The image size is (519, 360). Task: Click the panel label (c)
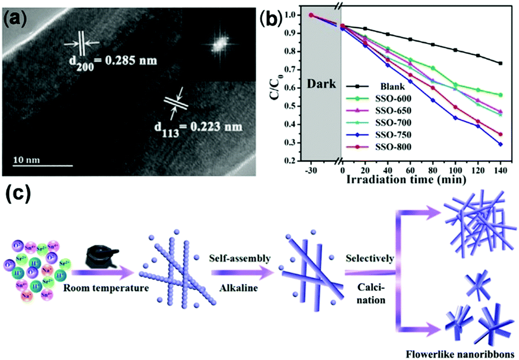click(x=19, y=198)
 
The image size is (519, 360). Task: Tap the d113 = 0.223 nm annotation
click(x=200, y=126)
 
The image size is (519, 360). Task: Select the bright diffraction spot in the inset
click(x=217, y=45)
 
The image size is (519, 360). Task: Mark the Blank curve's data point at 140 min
click(x=501, y=63)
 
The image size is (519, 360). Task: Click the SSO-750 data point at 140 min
click(x=501, y=145)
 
